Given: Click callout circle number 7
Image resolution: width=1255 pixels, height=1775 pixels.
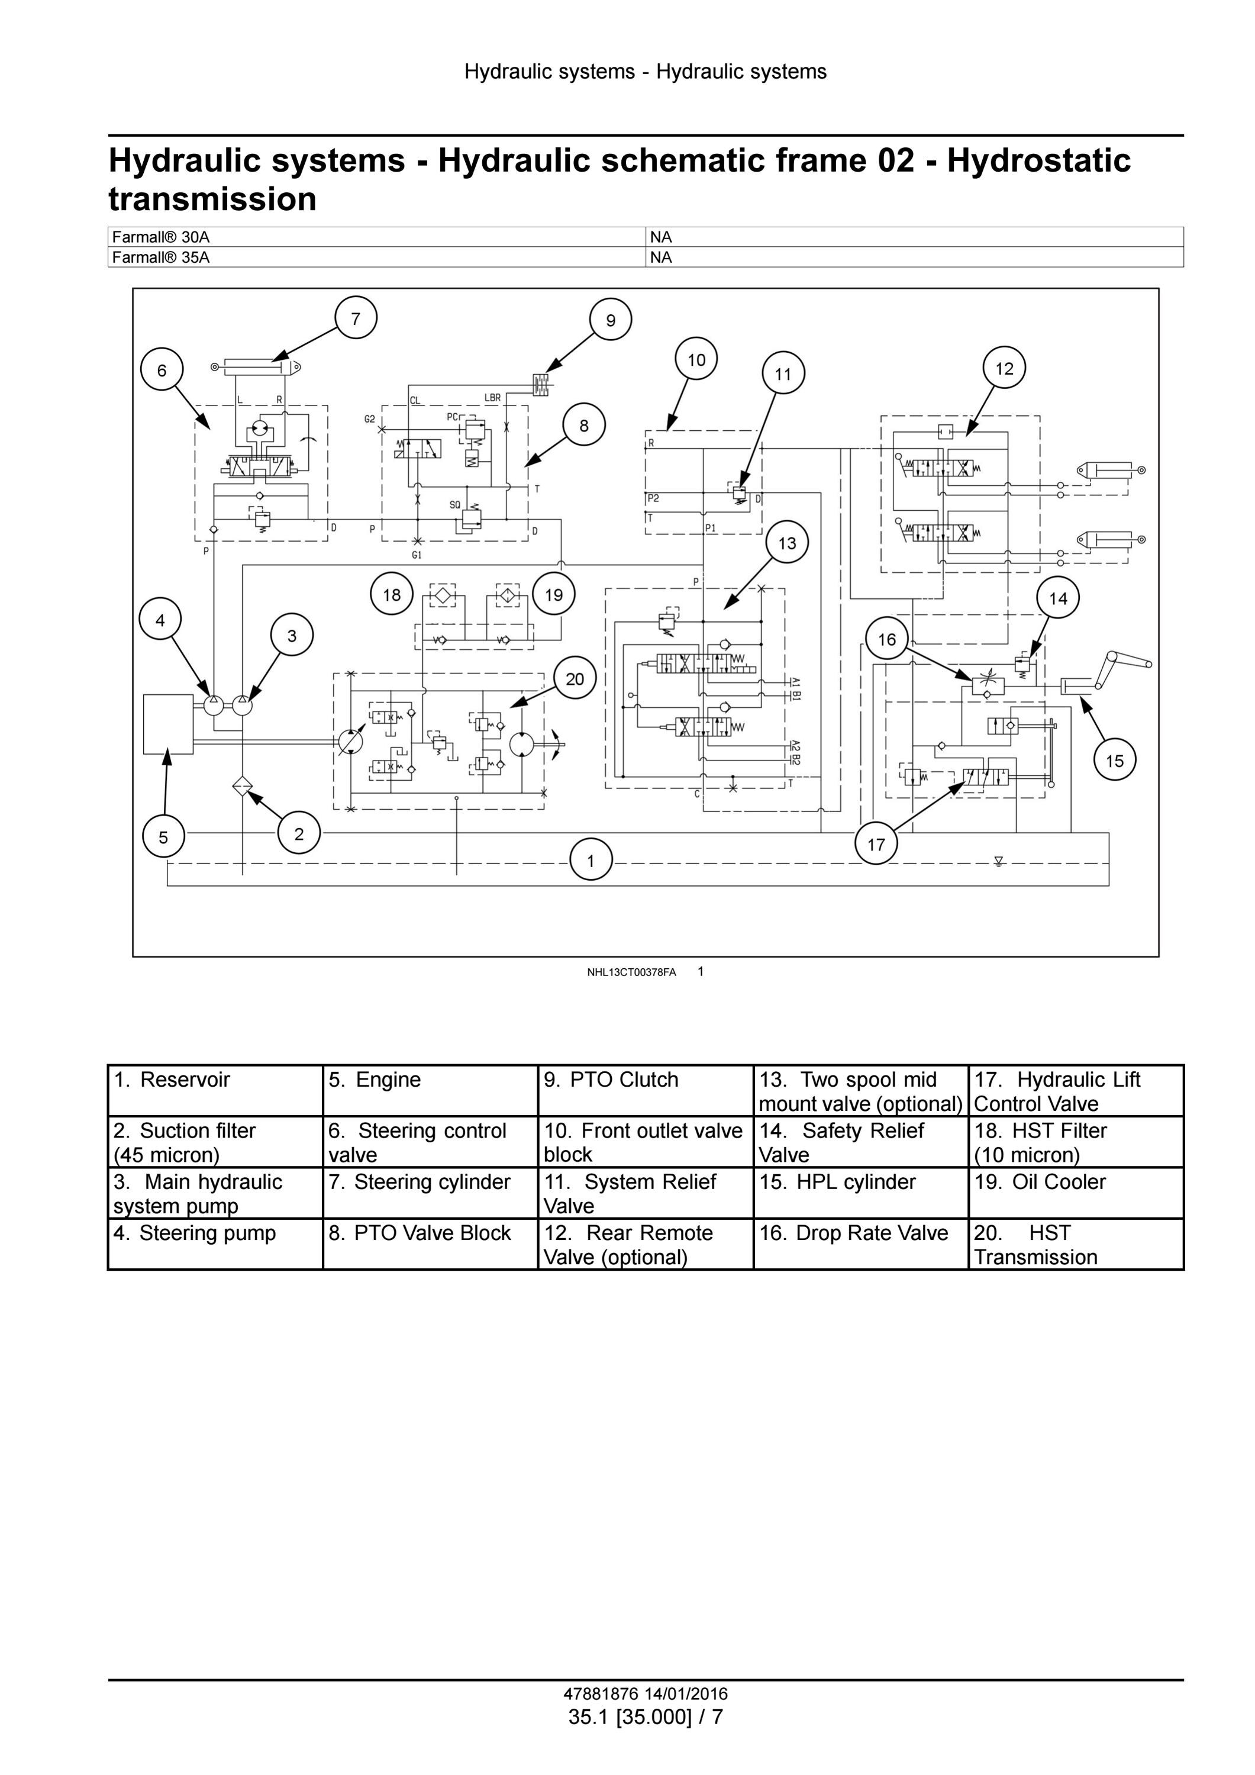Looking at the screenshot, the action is [356, 318].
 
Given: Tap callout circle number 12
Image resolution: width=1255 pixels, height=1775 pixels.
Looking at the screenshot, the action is [1004, 369].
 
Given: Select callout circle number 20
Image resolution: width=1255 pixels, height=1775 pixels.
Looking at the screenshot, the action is [575, 679].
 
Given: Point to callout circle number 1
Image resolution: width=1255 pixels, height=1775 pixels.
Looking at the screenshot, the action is [591, 861].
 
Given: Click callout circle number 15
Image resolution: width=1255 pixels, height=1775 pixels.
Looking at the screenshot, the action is [1114, 761].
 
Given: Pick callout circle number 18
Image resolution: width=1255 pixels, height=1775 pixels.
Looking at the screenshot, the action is [392, 594].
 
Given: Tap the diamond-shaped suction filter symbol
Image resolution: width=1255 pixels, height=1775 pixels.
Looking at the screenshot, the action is [242, 787].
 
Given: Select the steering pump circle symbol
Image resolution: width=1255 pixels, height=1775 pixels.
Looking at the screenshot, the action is [213, 704].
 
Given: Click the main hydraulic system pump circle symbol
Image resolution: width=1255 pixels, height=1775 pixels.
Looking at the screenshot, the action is [242, 704].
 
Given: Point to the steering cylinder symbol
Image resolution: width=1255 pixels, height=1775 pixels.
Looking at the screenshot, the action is [257, 366].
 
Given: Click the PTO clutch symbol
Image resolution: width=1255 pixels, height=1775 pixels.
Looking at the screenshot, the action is [540, 384].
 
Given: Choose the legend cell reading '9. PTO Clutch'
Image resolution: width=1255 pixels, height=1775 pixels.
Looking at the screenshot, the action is [646, 1090].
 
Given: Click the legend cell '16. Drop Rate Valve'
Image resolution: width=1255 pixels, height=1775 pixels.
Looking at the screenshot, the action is [861, 1243].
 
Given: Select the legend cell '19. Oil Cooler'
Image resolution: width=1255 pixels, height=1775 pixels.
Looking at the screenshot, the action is [1076, 1192].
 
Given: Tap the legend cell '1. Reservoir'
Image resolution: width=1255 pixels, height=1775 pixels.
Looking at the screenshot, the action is [215, 1090].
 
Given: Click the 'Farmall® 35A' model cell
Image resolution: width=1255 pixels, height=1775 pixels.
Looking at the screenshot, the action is [376, 257].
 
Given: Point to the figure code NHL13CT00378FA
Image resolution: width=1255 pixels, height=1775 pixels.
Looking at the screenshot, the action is [631, 972].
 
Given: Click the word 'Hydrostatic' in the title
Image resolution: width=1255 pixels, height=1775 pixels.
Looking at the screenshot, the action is [1038, 161].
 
